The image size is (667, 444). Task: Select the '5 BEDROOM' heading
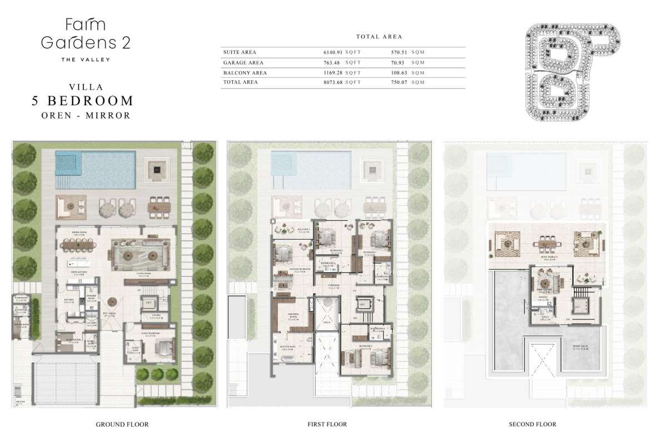(82, 101)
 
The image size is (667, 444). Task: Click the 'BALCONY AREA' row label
(245, 73)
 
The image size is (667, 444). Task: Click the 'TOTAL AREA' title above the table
(379, 37)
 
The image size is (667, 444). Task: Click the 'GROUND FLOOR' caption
(122, 425)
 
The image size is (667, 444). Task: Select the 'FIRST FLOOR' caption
(327, 425)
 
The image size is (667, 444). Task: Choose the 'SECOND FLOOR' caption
(532, 425)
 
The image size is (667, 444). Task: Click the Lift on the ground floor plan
(148, 303)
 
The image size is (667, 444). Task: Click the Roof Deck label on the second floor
(582, 346)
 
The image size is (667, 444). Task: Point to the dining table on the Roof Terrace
(544, 243)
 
